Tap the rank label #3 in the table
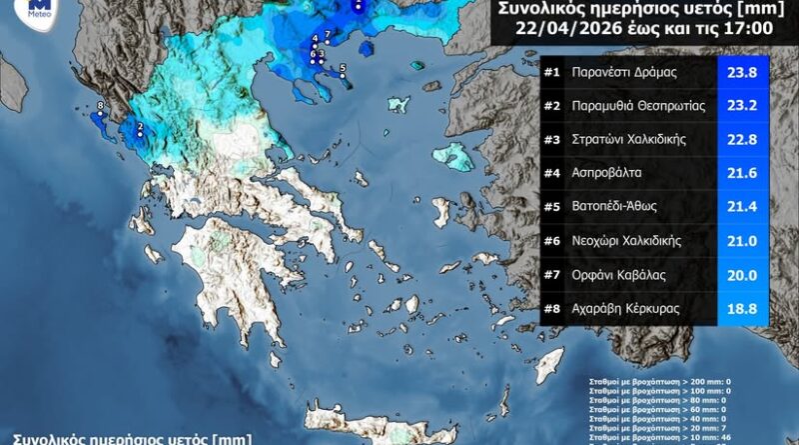552,140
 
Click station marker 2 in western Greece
141,127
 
